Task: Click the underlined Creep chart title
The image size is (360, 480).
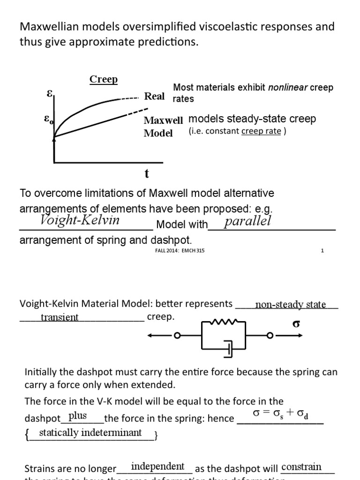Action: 104,79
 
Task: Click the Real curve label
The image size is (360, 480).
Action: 154,96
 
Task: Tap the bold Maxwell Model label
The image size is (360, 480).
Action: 163,127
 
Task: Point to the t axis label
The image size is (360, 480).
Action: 147,174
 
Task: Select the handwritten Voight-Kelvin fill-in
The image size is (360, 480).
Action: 80,220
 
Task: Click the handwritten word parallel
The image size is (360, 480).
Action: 247,221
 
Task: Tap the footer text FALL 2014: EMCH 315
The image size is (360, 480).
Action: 176,250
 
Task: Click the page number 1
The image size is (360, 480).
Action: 322,250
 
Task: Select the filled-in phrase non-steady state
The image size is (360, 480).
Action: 290,305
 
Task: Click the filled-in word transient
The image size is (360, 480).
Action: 60,317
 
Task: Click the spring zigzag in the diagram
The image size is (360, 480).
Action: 223,322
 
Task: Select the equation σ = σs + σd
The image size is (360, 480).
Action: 280,414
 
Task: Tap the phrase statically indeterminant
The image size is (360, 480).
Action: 90,432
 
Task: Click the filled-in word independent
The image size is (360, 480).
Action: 157,466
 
